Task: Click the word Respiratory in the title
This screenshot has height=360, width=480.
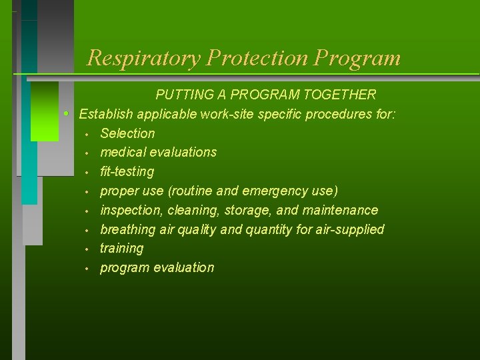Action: click(143, 58)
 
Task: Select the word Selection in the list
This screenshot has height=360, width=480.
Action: click(127, 133)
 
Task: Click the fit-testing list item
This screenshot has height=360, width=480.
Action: click(127, 171)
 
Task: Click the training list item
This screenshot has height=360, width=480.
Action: click(121, 248)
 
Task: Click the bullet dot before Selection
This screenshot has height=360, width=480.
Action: click(87, 134)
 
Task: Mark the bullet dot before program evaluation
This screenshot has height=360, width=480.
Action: click(87, 268)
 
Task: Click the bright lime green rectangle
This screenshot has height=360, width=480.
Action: click(45, 120)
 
